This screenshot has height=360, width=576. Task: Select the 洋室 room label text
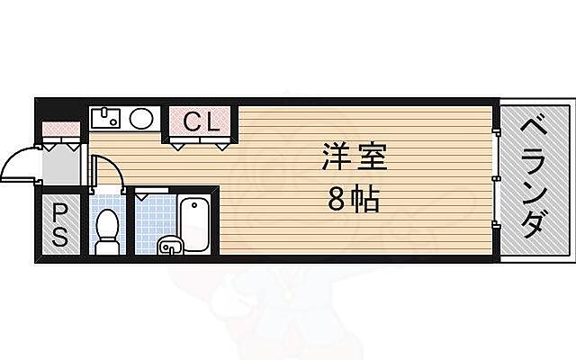(x=354, y=158)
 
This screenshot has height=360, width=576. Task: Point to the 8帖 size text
(x=354, y=200)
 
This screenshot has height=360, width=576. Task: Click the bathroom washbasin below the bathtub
(x=170, y=245)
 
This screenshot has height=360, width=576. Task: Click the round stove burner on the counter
(x=141, y=118)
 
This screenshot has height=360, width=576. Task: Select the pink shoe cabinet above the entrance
(x=61, y=132)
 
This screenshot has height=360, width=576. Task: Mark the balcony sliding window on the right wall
(x=496, y=180)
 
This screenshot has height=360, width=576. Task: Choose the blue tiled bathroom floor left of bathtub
(x=151, y=216)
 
